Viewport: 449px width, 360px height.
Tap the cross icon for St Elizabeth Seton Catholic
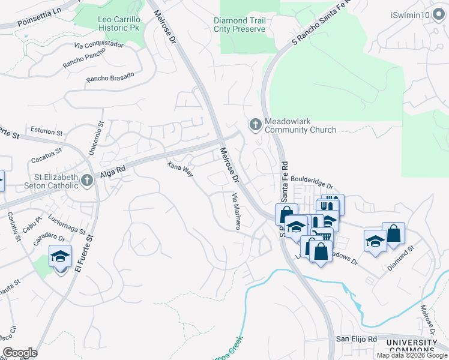point(88,181)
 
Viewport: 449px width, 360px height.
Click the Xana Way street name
point(180,169)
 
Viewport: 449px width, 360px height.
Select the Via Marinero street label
point(237,211)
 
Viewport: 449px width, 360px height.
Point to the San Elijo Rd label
point(355,339)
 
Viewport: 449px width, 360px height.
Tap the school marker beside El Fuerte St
point(61,257)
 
